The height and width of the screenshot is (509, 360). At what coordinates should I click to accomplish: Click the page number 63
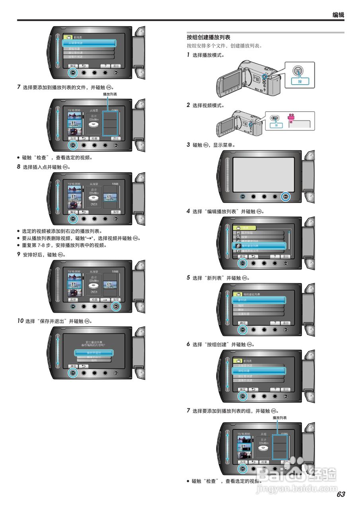[341, 494]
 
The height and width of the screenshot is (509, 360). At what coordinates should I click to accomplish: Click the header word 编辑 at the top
[338, 15]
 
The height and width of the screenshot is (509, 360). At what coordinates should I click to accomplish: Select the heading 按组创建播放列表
[208, 37]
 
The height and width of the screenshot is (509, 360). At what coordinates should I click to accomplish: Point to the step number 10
[20, 321]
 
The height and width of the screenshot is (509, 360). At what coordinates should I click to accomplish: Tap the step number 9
[18, 254]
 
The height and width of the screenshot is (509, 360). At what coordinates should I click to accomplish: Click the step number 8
[18, 167]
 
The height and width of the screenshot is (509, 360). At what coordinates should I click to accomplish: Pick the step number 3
[188, 145]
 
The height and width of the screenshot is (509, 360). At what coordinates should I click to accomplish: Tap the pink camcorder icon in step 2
[292, 118]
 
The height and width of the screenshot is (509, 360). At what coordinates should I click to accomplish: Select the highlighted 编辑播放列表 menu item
[259, 246]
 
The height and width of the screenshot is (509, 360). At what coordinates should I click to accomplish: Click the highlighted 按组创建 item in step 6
[259, 371]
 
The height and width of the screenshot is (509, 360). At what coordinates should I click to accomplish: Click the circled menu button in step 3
[286, 196]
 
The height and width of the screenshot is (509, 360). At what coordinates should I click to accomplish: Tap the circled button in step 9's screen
[116, 306]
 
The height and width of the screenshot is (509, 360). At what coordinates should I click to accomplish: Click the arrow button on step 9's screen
[105, 299]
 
